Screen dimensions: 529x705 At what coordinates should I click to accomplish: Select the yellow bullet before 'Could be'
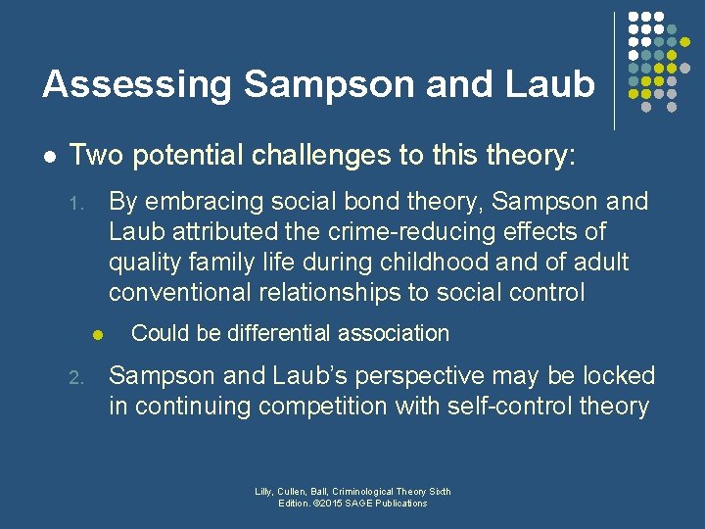coord(98,335)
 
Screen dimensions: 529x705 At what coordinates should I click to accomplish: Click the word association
coord(396,333)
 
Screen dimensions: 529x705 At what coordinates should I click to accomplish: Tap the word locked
coord(613,375)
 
